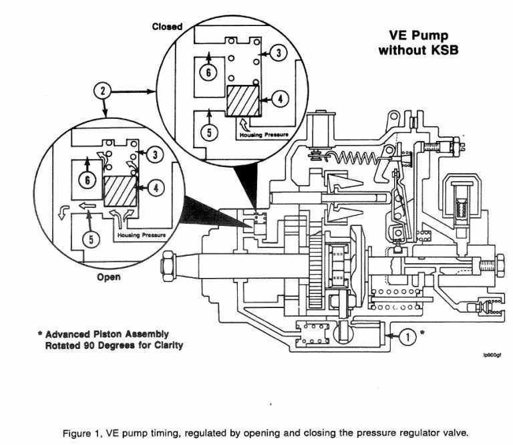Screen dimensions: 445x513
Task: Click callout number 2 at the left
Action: click(x=102, y=90)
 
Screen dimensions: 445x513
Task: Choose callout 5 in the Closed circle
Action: click(x=210, y=132)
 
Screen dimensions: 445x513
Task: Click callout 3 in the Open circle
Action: click(x=155, y=155)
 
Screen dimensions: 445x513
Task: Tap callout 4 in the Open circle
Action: click(x=156, y=188)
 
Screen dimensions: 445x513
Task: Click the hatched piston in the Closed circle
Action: click(x=242, y=101)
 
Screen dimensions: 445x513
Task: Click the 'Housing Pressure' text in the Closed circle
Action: click(x=265, y=135)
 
